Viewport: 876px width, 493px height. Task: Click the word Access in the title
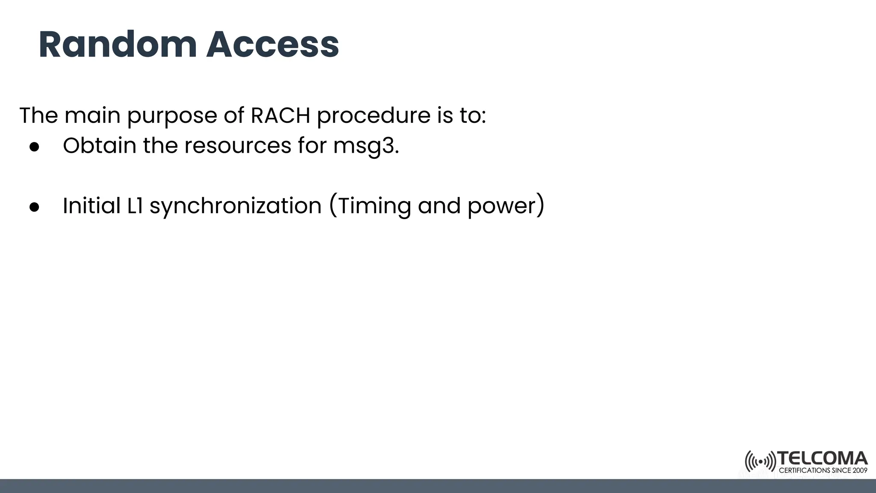(x=272, y=45)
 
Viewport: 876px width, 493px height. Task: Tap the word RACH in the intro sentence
(x=280, y=115)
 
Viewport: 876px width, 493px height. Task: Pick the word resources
(x=238, y=146)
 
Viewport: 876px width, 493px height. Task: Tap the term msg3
(x=366, y=146)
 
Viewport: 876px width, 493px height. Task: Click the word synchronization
(x=235, y=206)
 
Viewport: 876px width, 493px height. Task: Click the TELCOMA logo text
(x=823, y=459)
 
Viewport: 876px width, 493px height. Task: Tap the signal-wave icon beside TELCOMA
(x=760, y=462)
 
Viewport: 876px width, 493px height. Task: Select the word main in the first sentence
(x=92, y=115)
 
